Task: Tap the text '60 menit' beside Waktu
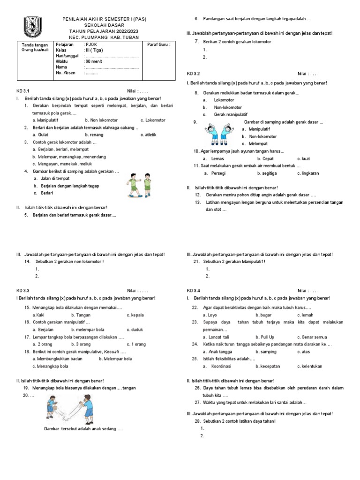pos(94,61)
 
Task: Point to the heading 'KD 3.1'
pos(23,91)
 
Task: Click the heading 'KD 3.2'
pos(193,74)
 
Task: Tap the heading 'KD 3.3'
pos(23,291)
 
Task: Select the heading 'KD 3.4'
pos(193,291)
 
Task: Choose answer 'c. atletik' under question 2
pos(148,135)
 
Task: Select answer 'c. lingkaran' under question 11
pos(308,173)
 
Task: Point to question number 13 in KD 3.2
pos(198,202)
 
